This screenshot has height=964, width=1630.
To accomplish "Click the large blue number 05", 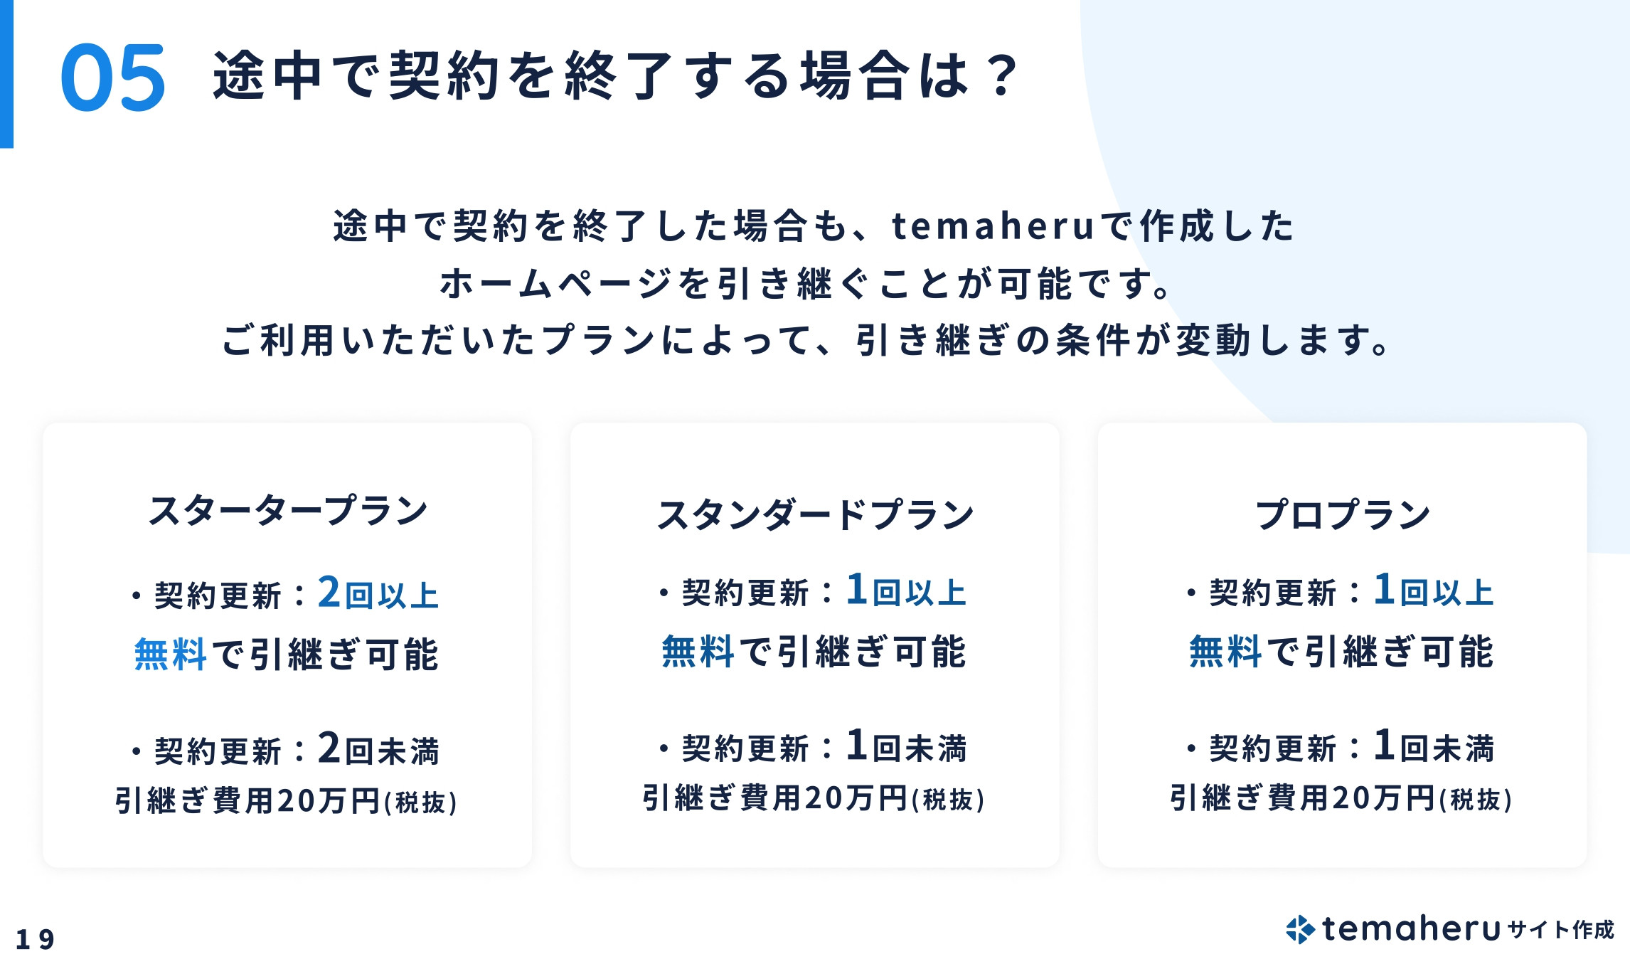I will coord(113,78).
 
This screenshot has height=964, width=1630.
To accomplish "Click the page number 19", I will coord(35,939).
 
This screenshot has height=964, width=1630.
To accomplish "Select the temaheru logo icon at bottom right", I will coord(1300,929).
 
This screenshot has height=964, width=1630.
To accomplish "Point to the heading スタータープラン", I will coord(287,511).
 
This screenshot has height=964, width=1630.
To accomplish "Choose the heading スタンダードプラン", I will coord(815,514).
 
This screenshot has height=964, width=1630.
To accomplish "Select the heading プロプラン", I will coord(1342,514).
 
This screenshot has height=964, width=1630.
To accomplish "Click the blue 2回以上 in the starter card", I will coord(378,593).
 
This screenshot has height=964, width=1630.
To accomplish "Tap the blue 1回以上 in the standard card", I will coord(906,590).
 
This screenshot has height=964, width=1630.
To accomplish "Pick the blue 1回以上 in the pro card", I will coord(1434,590).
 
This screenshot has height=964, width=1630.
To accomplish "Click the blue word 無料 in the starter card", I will coord(170,654).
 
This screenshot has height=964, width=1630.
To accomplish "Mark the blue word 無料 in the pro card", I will coord(1225,651).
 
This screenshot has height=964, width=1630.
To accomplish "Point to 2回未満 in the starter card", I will coord(378,749).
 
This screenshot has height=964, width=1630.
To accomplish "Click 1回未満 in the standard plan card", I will coord(906,747).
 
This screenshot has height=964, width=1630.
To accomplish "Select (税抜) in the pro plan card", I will coord(1476,800).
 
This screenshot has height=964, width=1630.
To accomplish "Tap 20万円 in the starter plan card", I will coord(329,801).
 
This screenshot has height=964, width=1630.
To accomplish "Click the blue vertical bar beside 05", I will coord(6,74).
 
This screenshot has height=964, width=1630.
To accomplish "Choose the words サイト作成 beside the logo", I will coord(1560,930).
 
